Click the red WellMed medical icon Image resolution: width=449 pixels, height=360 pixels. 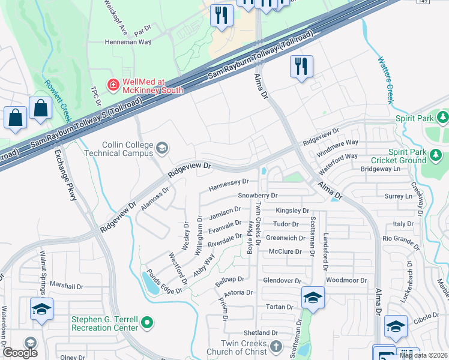pyautogui.click(x=112, y=85)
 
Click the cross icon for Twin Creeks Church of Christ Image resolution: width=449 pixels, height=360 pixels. pyautogui.click(x=276, y=346)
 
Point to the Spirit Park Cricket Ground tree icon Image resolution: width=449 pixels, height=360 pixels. pyautogui.click(x=436, y=157)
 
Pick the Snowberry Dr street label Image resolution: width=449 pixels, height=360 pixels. pyautogui.click(x=258, y=196)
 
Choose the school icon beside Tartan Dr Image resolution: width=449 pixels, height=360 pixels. pyautogui.click(x=313, y=298)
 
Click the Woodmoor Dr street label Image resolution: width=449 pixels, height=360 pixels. pyautogui.click(x=346, y=281)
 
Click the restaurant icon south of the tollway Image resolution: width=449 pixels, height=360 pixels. pyautogui.click(x=301, y=65)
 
